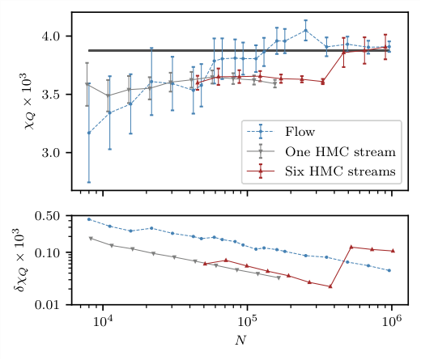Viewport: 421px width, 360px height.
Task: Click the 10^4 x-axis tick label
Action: click(x=103, y=324)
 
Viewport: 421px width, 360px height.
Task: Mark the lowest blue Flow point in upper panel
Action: click(x=89, y=133)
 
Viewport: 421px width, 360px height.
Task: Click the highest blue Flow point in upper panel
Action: click(x=305, y=31)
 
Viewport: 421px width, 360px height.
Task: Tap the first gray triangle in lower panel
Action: click(x=90, y=239)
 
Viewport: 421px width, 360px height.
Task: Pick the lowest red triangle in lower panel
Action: click(x=330, y=286)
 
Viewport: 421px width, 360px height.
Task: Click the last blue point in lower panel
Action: click(x=389, y=270)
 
